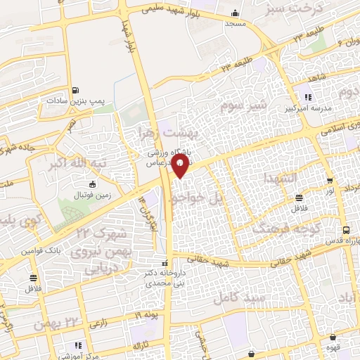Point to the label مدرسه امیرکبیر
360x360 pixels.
[x=308, y=109]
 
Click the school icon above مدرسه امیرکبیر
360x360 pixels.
[x=307, y=97]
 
